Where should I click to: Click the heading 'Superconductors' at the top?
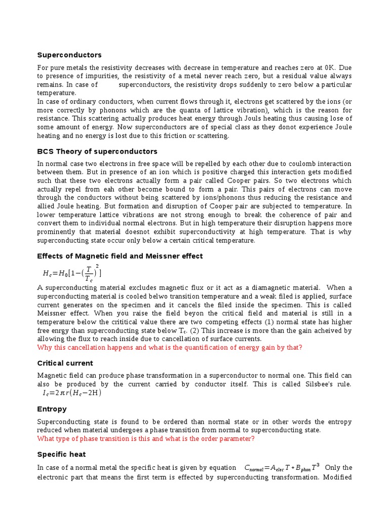(x=69, y=55)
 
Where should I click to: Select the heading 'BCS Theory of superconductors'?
(x=97, y=152)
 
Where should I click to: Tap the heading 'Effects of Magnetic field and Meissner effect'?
(x=120, y=256)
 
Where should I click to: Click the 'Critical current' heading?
(x=65, y=363)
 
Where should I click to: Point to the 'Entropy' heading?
(x=52, y=409)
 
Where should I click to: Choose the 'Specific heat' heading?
(x=61, y=455)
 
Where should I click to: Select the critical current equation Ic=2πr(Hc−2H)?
(x=72, y=393)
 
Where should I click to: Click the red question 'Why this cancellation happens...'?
(x=170, y=347)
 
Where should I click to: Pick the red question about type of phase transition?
(x=146, y=438)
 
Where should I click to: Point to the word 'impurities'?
(x=99, y=76)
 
